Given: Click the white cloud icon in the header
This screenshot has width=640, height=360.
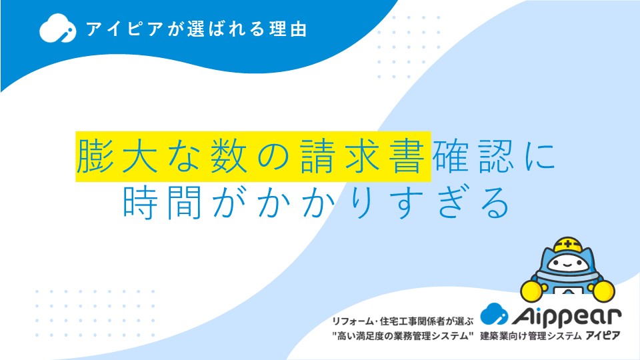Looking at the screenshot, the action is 57,28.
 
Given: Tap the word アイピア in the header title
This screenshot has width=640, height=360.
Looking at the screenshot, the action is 125,29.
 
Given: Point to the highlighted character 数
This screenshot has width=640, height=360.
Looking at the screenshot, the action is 229,156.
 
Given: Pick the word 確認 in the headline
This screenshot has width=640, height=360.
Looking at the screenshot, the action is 473,156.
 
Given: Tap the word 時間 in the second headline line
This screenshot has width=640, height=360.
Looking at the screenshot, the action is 162,203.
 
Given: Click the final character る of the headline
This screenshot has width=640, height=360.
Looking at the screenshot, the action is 495,203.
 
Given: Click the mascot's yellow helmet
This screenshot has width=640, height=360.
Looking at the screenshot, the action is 568,245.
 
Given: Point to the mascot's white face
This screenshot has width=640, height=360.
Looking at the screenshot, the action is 567,263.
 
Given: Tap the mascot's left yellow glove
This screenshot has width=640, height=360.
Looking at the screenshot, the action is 532,291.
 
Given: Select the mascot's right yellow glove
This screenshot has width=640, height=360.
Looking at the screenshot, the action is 603,291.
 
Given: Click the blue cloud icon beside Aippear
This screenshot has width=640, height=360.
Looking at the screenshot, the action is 494,313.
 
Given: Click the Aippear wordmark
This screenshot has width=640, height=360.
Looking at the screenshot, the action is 567,316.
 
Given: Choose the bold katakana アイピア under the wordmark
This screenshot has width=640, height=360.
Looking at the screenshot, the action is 603,335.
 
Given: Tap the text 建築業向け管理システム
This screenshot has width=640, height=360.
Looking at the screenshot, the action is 531,336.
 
